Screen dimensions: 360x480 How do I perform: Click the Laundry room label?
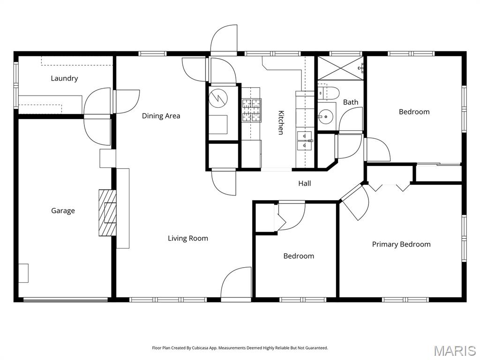[64, 78]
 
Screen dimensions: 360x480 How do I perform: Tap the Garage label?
[63, 211]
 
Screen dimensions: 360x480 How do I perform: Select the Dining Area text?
[161, 116]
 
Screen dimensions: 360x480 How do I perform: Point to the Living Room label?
[187, 238]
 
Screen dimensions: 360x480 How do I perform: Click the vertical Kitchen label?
[281, 122]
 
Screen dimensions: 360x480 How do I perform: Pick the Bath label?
[350, 102]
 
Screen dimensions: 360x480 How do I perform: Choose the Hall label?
[304, 183]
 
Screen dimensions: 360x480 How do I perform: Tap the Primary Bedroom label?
[401, 244]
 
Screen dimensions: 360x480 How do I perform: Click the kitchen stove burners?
[251, 111]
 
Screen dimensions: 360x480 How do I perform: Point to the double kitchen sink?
[304, 140]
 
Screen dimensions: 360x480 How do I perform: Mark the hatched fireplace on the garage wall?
[106, 212]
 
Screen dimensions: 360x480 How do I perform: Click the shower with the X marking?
[340, 68]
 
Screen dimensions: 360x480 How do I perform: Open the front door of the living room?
[236, 284]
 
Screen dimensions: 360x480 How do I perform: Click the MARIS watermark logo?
[454, 350]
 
